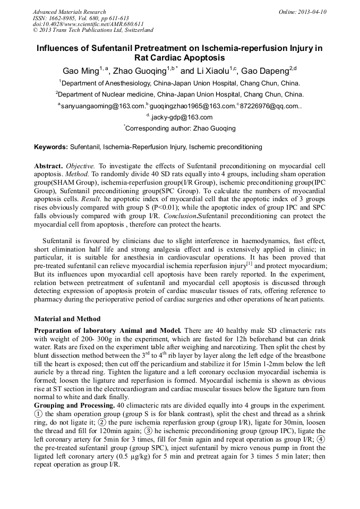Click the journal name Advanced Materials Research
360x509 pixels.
click(x=69, y=12)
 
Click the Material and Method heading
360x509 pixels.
click(x=67, y=319)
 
